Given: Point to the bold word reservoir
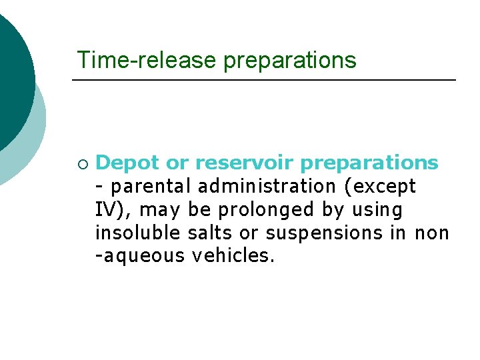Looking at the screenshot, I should pos(236,163).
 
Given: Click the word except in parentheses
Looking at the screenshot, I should pos(386,187).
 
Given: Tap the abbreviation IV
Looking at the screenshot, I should pos(106,210).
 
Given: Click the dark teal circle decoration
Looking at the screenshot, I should pos(10,73).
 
